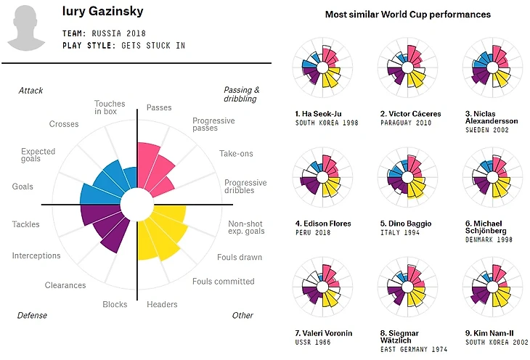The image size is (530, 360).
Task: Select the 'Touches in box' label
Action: [110, 109]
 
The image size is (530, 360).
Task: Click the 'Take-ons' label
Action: [236, 154]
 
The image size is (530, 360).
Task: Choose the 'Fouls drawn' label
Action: [240, 257]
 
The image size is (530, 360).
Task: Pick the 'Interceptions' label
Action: [36, 255]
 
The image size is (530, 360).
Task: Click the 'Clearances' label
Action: [65, 285]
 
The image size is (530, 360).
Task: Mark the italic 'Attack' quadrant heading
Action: [30, 91]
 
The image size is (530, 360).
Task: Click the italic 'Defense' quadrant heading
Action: [32, 315]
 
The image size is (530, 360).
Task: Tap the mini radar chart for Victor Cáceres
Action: [407, 68]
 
